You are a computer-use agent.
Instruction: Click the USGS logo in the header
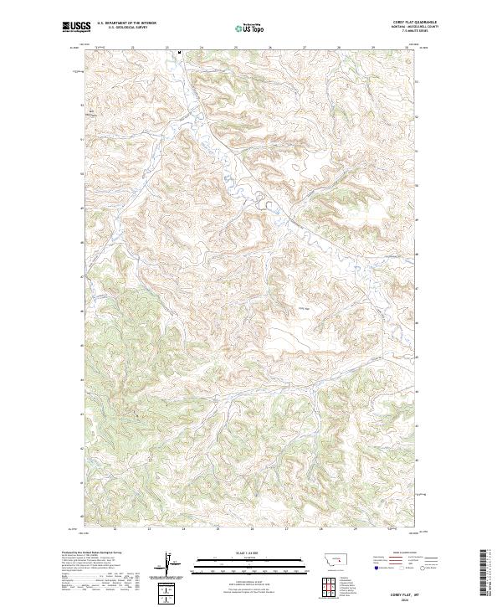coord(75,27)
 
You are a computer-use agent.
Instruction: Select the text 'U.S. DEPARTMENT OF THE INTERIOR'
coord(126,23)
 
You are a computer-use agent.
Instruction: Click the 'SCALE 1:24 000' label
coord(250,553)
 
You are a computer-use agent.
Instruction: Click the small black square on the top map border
coord(180,51)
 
